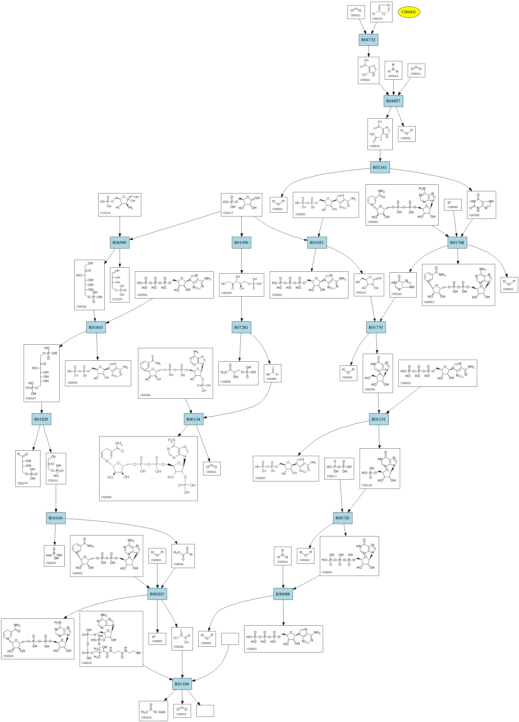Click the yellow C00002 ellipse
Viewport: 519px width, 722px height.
pyautogui.click(x=408, y=12)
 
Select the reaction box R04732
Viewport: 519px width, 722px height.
pyautogui.click(x=368, y=40)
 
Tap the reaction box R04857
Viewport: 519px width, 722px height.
pyautogui.click(x=393, y=101)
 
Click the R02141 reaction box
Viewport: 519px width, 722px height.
pyautogui.click(x=379, y=167)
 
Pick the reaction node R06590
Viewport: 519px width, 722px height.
pyautogui.click(x=119, y=243)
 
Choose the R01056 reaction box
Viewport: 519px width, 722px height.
pyautogui.click(x=241, y=243)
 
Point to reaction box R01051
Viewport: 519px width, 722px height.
pyautogui.click(x=317, y=243)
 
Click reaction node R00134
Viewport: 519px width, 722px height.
pyautogui.click(x=193, y=419)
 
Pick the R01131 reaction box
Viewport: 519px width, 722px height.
pyautogui.click(x=379, y=419)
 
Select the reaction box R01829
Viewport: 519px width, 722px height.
pyautogui.click(x=41, y=419)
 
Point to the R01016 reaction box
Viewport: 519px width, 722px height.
pyautogui.click(x=56, y=518)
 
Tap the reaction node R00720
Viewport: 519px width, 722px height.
pyautogui.click(x=342, y=518)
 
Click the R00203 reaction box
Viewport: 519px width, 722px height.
pyautogui.click(x=157, y=594)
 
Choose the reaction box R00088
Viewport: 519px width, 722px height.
pyautogui.click(x=283, y=594)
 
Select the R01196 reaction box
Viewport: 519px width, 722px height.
pyautogui.click(x=182, y=684)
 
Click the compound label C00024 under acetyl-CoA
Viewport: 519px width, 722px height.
pyautogui.click(x=146, y=717)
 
